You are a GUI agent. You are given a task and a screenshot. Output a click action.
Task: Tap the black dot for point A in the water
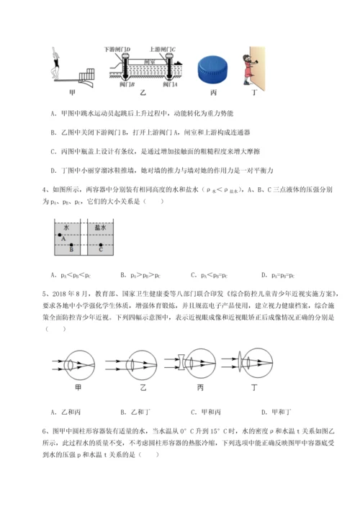(59, 235)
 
